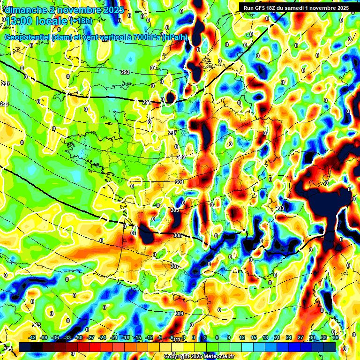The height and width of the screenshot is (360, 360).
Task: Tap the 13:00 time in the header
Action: point(22,21)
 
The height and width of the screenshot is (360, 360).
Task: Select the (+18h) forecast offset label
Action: point(81,21)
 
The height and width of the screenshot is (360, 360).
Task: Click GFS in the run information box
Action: point(262,8)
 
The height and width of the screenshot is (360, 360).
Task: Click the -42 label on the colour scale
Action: point(32,337)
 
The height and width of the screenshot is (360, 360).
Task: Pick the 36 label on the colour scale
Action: point(336,337)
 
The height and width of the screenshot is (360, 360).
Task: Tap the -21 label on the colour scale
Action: point(114,337)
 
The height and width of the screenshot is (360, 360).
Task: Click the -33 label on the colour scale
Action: point(67,337)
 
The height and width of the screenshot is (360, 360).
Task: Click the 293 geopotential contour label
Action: point(125,72)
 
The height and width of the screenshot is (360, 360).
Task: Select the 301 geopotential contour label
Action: point(179,182)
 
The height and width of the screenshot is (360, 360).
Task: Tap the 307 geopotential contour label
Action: point(174,266)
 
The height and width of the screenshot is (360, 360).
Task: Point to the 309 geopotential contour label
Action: point(179,314)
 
